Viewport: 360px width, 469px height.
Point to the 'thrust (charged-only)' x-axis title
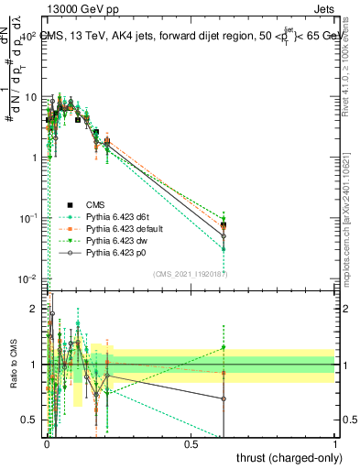pyautogui.click(x=287, y=457)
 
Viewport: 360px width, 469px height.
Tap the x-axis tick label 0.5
pyautogui.click(x=191, y=442)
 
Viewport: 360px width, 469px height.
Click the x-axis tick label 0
pyautogui.click(x=47, y=442)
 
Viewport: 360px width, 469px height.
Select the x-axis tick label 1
pyautogui.click(x=335, y=442)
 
